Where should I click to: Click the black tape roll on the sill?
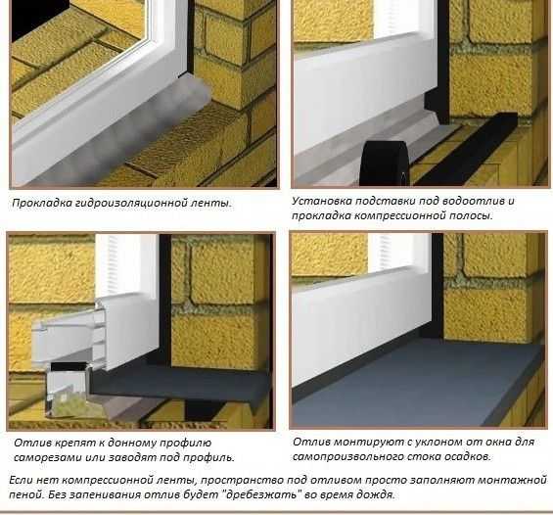pyautogui.click(x=385, y=164)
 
